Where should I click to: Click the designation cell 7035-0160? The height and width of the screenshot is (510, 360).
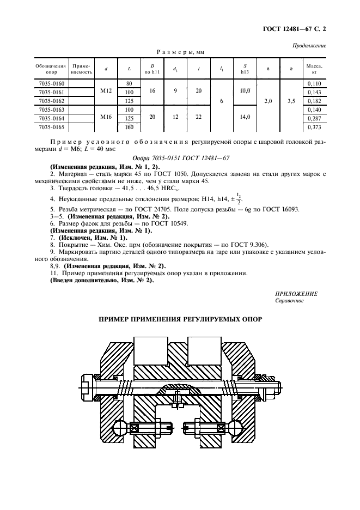click(52, 83)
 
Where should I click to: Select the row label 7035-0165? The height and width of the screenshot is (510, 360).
click(52, 127)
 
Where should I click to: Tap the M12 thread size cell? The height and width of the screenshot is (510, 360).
click(106, 92)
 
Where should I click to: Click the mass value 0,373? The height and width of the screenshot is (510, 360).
click(314, 127)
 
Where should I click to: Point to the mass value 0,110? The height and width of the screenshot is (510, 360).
click(314, 83)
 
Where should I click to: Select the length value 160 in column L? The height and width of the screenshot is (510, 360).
click(130, 127)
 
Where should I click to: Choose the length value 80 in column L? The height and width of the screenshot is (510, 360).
click(130, 83)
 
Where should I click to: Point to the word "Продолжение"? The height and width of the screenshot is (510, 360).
click(309, 46)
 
